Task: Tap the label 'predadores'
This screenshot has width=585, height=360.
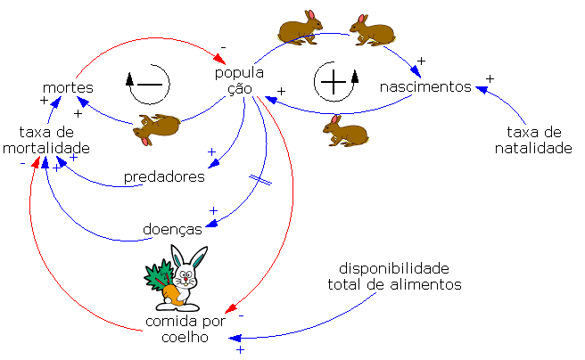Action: tap(164, 176)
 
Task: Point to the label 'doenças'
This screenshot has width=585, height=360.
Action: tap(172, 230)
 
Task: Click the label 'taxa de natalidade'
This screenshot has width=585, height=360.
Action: tap(533, 140)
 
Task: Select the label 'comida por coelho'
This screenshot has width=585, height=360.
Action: tap(187, 329)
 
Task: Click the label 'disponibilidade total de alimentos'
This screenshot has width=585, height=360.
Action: tap(393, 276)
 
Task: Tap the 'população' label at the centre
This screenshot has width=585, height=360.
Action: tap(239, 80)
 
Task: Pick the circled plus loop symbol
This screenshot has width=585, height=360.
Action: tap(334, 83)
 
